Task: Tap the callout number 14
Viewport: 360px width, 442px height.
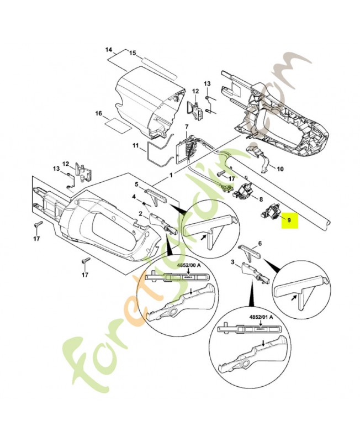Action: click(109, 50)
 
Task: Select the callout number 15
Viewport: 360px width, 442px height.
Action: click(133, 53)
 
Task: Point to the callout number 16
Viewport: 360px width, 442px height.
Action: click(99, 114)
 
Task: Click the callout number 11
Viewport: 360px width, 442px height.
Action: click(135, 145)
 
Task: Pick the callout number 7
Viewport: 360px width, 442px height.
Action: click(187, 127)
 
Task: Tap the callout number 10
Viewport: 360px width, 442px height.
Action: click(280, 169)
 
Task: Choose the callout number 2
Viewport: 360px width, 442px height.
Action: click(141, 213)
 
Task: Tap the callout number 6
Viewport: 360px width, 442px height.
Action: click(260, 244)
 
